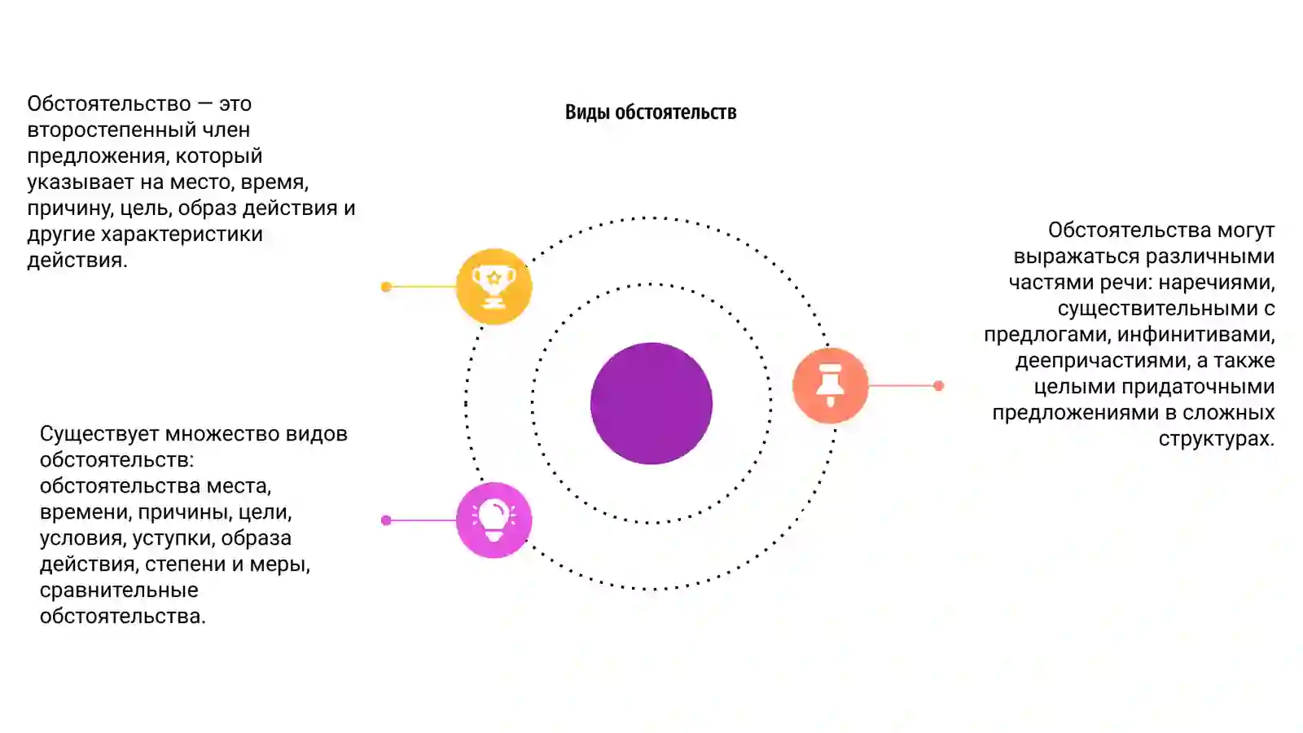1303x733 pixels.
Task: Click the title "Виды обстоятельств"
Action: (651, 112)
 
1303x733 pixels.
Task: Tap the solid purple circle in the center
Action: (651, 403)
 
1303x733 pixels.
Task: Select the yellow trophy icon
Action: (494, 286)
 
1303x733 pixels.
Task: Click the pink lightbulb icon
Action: (494, 520)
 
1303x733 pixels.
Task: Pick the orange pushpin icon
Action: (830, 385)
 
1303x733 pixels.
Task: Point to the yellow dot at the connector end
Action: (386, 286)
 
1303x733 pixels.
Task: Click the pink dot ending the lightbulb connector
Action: (386, 520)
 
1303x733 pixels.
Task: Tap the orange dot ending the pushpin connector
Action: (938, 385)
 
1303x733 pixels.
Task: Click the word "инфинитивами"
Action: (1196, 335)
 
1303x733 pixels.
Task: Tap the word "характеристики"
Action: (182, 234)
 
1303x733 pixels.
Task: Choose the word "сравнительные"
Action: (119, 590)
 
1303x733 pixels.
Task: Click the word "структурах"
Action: (1217, 439)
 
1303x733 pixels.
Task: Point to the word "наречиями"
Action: (1217, 283)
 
